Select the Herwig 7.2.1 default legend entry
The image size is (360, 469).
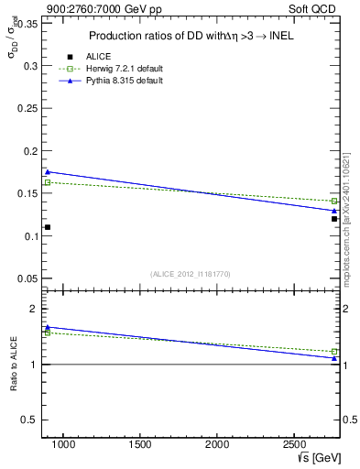104,69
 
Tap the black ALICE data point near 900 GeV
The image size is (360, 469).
48,227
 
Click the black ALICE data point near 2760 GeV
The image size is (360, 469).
334,219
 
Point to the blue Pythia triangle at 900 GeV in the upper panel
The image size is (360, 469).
48,171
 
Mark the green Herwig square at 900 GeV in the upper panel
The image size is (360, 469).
48,182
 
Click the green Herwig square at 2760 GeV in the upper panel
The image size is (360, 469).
334,201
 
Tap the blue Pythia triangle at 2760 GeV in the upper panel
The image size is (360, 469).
334,211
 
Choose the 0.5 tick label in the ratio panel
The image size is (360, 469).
27,420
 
